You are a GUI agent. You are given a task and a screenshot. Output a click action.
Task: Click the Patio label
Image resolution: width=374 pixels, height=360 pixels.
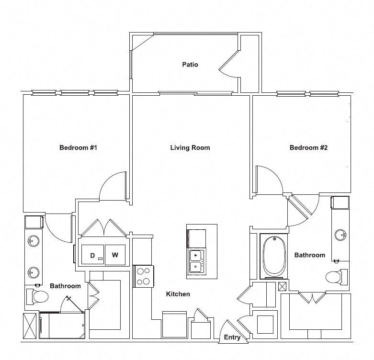point(190,64)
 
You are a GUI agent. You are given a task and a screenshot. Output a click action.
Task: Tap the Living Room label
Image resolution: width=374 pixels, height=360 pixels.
point(190,147)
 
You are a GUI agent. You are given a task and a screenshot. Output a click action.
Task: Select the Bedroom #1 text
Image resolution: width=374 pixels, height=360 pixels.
point(79,147)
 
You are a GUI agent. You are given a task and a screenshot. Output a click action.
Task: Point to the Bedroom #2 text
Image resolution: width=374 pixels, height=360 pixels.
point(308,147)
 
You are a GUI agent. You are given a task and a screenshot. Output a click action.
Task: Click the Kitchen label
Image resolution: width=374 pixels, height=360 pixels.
point(178,294)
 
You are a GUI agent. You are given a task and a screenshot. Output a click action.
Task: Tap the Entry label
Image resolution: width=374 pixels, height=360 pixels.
point(232,337)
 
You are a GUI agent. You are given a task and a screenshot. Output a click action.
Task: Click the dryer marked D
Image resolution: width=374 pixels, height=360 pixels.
point(92,255)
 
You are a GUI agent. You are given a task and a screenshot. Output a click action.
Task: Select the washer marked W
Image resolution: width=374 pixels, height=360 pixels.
point(115,255)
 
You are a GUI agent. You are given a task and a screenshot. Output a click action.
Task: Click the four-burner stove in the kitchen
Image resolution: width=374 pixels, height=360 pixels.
point(143,276)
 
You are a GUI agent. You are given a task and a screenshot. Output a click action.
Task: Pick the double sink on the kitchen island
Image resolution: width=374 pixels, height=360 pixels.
point(196,261)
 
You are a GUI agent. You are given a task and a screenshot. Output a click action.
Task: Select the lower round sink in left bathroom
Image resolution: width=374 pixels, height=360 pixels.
point(33,272)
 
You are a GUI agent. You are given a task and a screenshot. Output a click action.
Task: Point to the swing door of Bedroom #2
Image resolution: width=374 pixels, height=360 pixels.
point(268,180)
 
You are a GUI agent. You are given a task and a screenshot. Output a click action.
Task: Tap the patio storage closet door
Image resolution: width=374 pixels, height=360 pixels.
point(228,65)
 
